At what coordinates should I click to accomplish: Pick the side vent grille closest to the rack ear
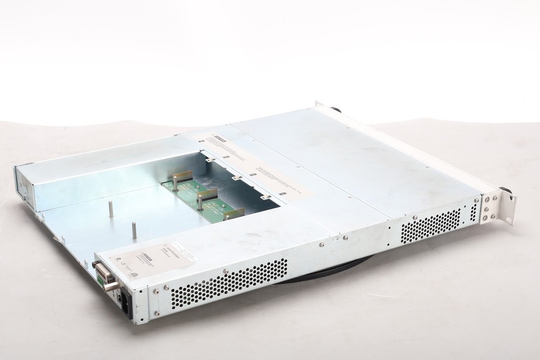[x=430, y=226]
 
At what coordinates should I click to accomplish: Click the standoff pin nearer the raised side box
[x=111, y=209]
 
